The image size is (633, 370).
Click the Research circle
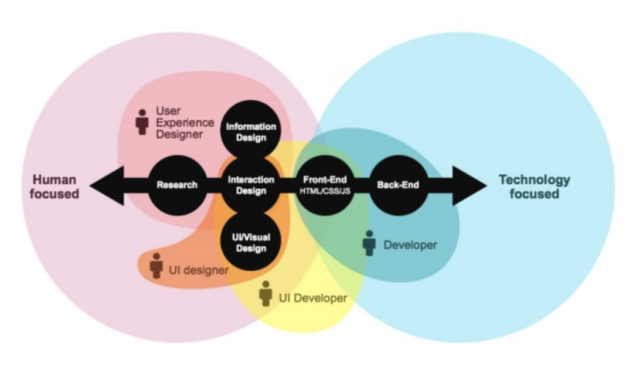(x=177, y=185)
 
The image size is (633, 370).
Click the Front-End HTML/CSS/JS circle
(x=325, y=185)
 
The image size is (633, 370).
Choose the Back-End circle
(x=398, y=185)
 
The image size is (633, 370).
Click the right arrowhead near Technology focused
(x=469, y=185)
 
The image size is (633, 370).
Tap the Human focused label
(x=55, y=186)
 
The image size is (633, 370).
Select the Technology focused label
(x=534, y=186)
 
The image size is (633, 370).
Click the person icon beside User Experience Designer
(x=142, y=121)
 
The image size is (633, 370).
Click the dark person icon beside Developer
(x=369, y=243)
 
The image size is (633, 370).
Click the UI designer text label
(x=199, y=270)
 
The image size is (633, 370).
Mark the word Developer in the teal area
(x=410, y=245)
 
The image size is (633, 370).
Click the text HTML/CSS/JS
(x=325, y=192)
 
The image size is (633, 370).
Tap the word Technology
(x=534, y=179)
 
